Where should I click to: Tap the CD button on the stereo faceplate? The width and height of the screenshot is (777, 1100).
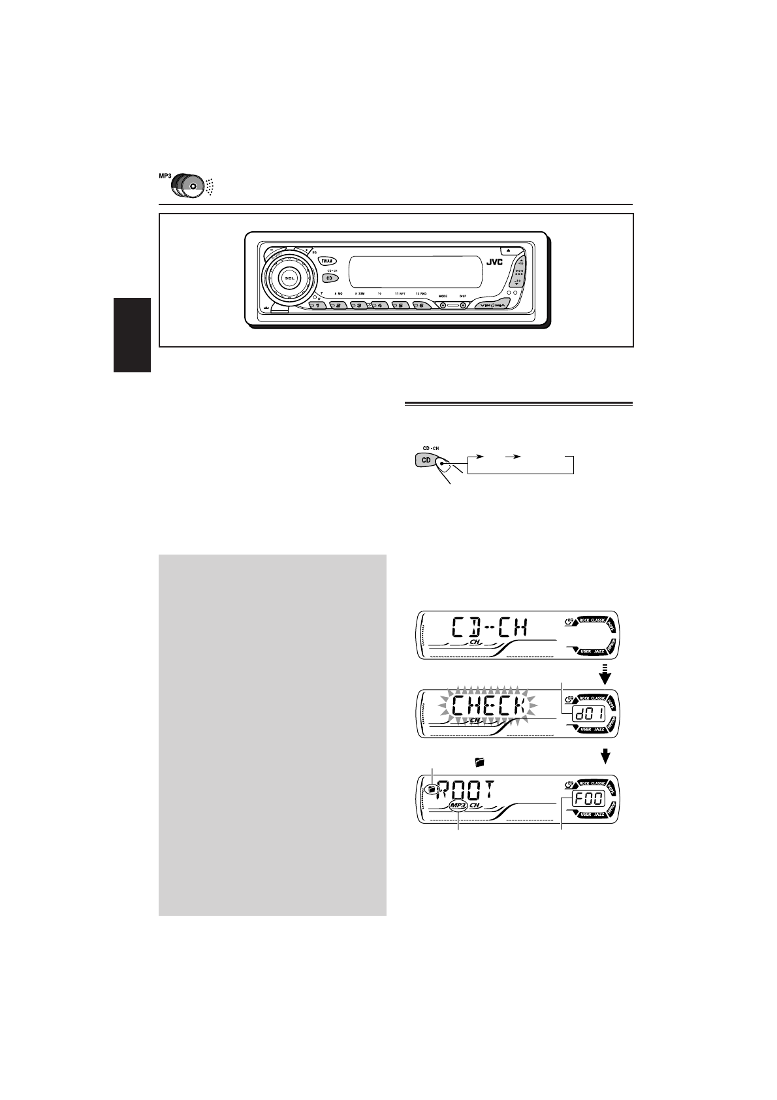pos(330,278)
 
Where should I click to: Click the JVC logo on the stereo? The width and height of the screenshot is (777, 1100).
pos(494,261)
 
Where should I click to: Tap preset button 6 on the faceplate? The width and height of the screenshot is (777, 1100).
pos(421,305)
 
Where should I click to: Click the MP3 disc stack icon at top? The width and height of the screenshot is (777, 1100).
pos(187,186)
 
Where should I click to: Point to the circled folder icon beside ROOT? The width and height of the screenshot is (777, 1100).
pos(430,789)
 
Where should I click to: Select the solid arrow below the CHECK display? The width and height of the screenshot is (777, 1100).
pos(607,756)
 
